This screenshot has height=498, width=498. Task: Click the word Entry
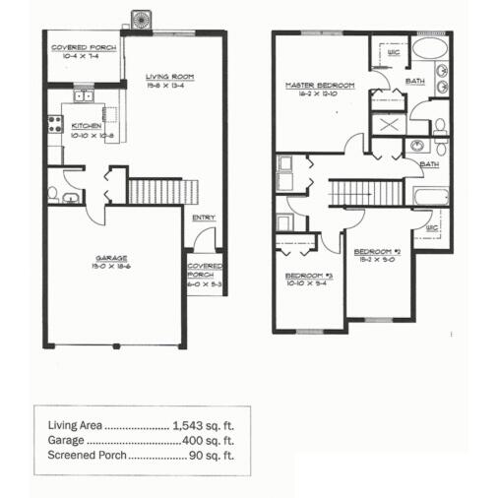coord(205,218)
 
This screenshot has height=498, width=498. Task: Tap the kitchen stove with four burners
coord(53,125)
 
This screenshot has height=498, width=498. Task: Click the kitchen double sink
coord(83,96)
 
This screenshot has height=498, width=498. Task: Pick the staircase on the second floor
coord(365,193)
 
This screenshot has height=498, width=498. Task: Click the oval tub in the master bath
coord(429,49)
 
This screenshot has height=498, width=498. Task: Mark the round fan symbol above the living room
coord(141,18)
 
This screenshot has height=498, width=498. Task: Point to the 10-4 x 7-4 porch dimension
coord(84,56)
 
